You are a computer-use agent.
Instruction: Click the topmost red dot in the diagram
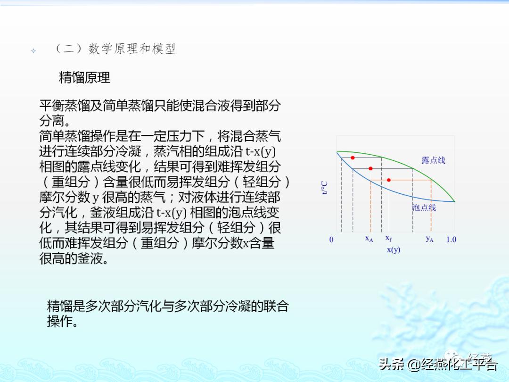click(353, 158)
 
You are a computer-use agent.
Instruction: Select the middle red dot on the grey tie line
click(370, 168)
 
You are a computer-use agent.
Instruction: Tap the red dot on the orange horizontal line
click(389, 180)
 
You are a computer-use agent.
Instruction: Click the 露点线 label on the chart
click(433, 160)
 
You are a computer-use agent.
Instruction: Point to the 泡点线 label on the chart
click(424, 208)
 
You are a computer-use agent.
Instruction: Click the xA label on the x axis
click(369, 239)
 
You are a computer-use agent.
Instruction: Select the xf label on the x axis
click(388, 239)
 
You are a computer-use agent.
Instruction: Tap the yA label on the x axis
click(429, 239)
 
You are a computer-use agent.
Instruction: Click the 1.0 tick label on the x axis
click(451, 240)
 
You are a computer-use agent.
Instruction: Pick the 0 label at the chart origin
click(331, 240)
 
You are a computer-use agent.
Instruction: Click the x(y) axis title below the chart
click(394, 249)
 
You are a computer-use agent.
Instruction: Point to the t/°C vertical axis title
click(325, 187)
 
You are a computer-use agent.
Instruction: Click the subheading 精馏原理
click(84, 77)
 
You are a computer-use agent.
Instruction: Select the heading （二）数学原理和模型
click(115, 49)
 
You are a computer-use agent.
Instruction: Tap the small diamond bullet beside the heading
click(33, 50)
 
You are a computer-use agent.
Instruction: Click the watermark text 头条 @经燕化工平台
click(438, 365)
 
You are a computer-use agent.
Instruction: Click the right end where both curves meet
click(454, 201)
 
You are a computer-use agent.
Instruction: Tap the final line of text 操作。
click(62, 322)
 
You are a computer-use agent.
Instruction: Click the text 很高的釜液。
click(74, 258)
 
